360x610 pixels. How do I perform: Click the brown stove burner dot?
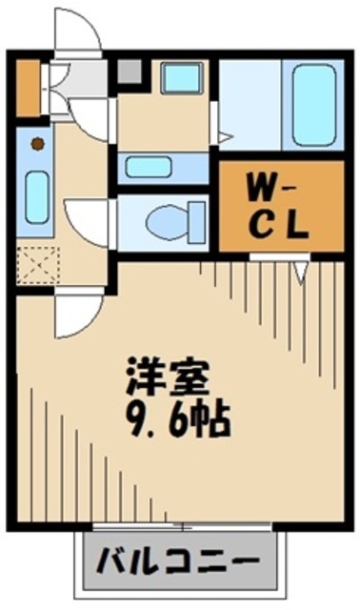pyautogui.click(x=37, y=145)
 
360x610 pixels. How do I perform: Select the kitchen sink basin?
pyautogui.click(x=36, y=197)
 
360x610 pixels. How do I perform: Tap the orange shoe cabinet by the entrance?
pyautogui.click(x=28, y=86)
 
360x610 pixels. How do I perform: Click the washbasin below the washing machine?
pyautogui.click(x=148, y=167)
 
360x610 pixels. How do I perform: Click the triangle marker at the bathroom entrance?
pyautogui.click(x=224, y=138)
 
